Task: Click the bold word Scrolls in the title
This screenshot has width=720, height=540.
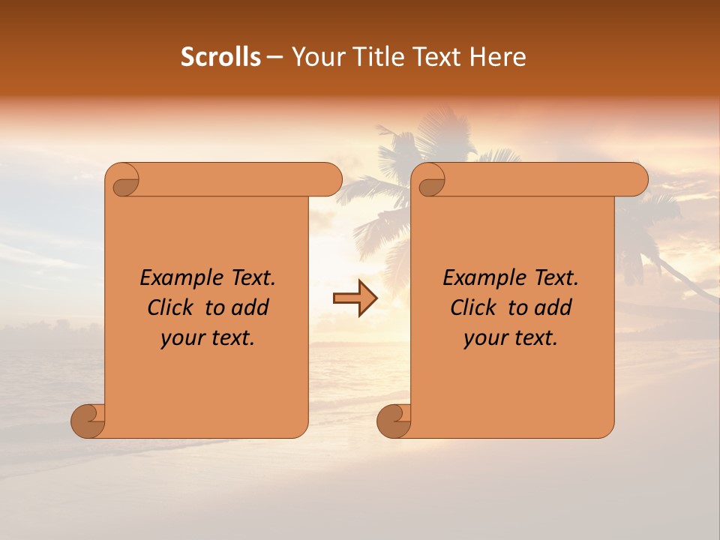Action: [x=220, y=57]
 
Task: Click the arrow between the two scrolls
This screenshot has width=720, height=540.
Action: [x=355, y=298]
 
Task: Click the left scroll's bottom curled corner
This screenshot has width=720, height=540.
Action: [x=88, y=421]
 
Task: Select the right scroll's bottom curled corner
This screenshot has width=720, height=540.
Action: [x=394, y=421]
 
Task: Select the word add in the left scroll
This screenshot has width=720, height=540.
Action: [x=250, y=307]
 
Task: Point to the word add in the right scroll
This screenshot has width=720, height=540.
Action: [x=553, y=307]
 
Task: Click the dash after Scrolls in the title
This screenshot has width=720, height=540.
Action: [x=274, y=57]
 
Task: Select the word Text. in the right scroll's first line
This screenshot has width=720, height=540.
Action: [x=556, y=278]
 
